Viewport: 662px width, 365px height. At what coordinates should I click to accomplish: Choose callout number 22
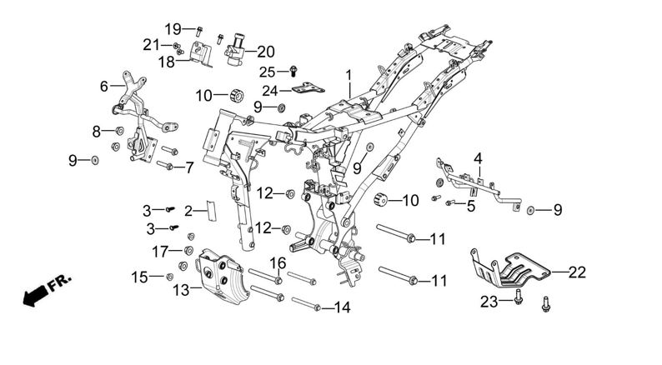pos(578,272)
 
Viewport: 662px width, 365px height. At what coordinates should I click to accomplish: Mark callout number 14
pos(343,307)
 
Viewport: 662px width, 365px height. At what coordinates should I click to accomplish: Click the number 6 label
pos(104,86)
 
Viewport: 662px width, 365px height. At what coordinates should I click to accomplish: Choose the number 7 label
pos(189,167)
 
